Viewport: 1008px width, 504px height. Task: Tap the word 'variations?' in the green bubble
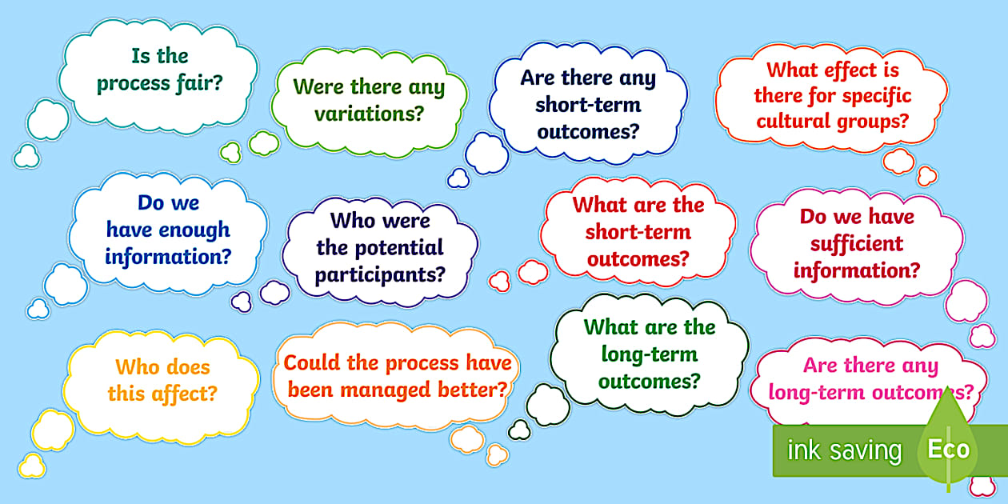coord(369,114)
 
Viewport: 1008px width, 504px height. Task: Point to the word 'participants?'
coord(380,275)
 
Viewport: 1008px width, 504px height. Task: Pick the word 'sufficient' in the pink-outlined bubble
coord(856,243)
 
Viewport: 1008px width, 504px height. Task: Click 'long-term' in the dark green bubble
coord(650,354)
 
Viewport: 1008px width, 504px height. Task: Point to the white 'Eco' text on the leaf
coord(948,449)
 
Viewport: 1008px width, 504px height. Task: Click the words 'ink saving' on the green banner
coord(844,450)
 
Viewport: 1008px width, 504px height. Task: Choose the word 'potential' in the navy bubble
coord(398,248)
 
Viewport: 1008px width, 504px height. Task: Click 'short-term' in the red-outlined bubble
coord(638,232)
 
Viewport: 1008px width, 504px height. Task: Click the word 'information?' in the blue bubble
coord(168,257)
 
